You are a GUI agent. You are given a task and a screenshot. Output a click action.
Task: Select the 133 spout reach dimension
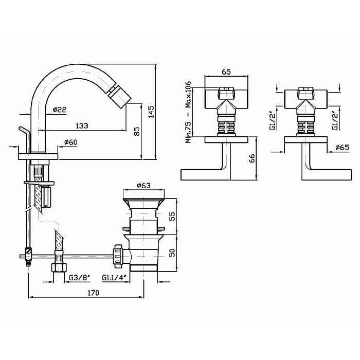pyautogui.click(x=81, y=125)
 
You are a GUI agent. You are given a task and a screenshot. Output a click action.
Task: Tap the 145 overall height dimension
pyautogui.click(x=151, y=112)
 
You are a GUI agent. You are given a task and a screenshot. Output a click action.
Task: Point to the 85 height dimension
pyautogui.click(x=136, y=131)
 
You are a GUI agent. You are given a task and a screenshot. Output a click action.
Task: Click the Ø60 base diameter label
pyautogui.click(x=70, y=142)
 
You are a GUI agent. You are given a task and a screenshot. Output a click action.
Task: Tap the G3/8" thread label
pyautogui.click(x=80, y=278)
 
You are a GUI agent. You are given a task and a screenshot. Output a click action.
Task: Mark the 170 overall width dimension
pyautogui.click(x=93, y=292)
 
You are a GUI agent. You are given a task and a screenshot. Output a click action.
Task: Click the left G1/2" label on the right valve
pyautogui.click(x=274, y=121)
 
